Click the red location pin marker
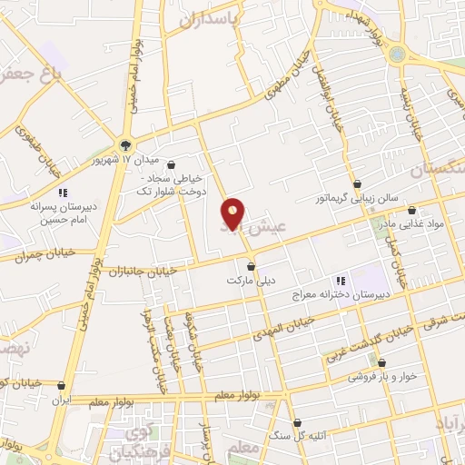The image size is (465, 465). (x=233, y=213)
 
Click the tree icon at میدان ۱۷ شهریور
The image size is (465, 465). (x=125, y=146)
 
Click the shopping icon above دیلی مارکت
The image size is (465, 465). (x=252, y=267)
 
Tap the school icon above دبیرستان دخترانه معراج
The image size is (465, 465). (x=340, y=282)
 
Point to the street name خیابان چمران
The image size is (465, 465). (x=43, y=256)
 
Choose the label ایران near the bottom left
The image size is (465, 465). (x=61, y=399)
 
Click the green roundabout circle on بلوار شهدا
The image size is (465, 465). (x=398, y=54)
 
